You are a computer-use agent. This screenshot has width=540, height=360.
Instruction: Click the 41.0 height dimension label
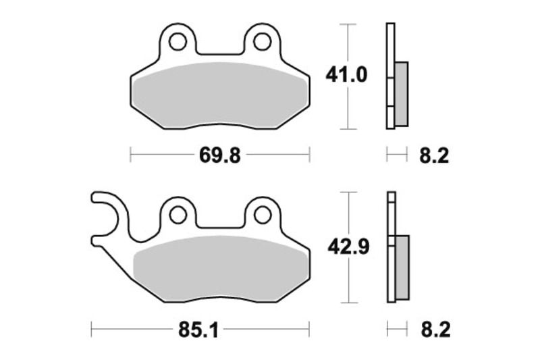pos(346,75)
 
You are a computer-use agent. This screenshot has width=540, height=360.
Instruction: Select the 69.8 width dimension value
pos(219,156)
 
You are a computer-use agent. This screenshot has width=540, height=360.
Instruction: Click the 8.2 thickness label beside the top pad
pos(434,156)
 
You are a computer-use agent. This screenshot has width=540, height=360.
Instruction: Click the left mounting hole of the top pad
pos(178,42)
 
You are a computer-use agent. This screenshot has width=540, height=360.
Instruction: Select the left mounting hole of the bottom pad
pos(178,215)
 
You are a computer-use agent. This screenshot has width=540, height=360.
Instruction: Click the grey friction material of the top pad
pos(219,95)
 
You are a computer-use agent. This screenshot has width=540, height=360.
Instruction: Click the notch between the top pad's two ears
pos(219,51)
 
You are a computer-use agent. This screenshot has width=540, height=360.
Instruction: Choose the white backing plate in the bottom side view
pos(390,216)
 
